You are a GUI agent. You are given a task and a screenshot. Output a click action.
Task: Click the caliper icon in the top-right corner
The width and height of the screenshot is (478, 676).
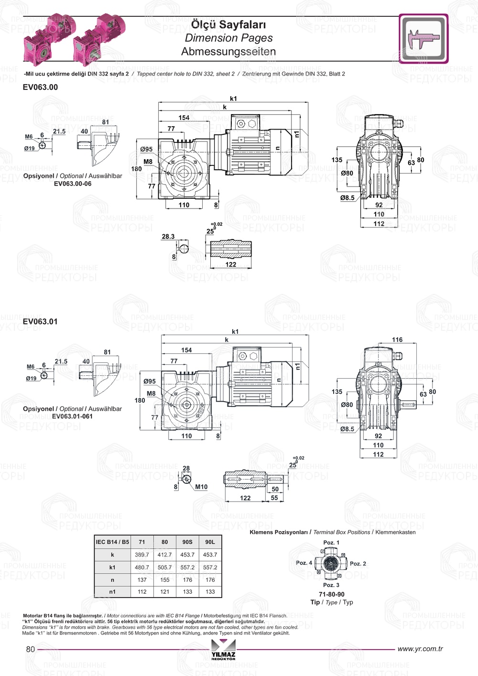[x=424, y=39]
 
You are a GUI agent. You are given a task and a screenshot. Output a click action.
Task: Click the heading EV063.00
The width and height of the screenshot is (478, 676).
[x=40, y=87]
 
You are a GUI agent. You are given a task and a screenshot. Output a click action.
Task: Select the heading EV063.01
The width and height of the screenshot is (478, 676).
[x=40, y=321]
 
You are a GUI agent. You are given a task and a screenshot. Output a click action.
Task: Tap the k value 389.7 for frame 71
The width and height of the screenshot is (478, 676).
[x=141, y=555]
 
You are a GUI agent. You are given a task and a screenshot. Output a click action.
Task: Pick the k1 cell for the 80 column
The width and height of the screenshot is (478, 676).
[x=164, y=567]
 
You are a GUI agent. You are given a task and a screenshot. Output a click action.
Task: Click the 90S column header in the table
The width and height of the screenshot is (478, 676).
[x=187, y=542]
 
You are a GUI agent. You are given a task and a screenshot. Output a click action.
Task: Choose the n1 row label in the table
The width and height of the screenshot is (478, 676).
[x=112, y=592]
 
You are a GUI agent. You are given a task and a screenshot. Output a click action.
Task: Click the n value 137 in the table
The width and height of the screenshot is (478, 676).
[x=141, y=580]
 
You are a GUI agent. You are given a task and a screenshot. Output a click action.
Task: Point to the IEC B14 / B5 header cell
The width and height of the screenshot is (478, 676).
[x=112, y=542]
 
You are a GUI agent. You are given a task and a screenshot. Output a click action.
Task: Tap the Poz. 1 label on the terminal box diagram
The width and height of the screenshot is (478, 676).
[x=331, y=543]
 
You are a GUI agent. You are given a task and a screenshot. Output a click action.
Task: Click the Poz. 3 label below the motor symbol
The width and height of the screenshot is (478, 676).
[x=331, y=585]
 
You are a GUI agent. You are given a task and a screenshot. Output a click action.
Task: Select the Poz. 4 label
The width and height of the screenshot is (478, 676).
[x=304, y=563]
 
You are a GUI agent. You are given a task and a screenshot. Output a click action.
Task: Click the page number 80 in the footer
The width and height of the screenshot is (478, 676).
[x=31, y=649]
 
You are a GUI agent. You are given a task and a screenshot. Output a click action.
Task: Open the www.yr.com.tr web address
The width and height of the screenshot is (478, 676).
[x=420, y=649]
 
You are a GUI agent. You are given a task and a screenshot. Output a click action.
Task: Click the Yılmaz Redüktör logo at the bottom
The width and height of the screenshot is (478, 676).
[x=223, y=650]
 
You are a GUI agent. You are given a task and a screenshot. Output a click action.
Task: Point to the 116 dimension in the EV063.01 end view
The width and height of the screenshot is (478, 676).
[x=397, y=340]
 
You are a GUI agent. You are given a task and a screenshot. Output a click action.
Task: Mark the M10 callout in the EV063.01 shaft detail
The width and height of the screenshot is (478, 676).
[x=201, y=487]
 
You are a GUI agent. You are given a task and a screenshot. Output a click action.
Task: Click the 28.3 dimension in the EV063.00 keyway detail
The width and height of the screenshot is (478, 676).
[x=168, y=237]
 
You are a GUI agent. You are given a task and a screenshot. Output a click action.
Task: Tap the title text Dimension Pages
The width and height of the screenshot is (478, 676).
[x=228, y=38]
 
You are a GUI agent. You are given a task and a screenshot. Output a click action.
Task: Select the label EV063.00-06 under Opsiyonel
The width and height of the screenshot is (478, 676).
[x=73, y=184]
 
